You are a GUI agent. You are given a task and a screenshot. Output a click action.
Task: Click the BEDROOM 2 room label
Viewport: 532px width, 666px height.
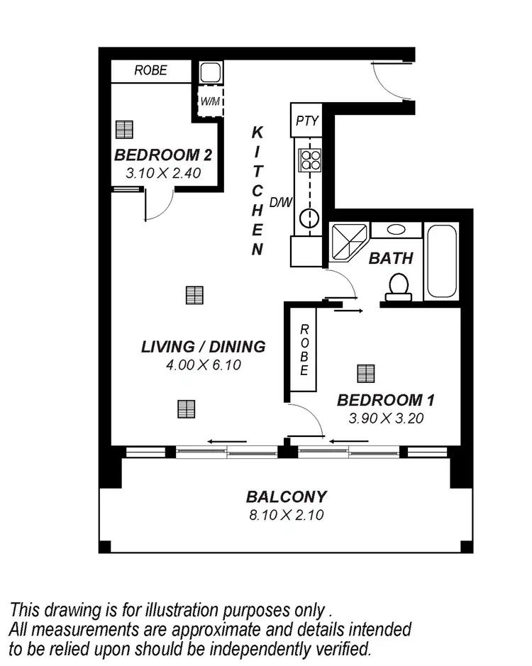click(163, 155)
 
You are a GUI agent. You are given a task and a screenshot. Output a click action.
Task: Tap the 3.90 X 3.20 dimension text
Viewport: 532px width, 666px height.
click(386, 418)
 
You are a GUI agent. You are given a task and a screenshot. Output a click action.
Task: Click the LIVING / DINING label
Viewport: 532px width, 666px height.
click(203, 347)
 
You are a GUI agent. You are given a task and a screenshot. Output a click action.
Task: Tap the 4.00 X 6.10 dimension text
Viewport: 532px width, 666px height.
click(203, 365)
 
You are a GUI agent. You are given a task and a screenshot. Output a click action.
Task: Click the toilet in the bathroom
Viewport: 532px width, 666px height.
click(398, 286)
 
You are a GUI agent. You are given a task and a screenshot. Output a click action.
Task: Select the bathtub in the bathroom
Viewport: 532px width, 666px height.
click(442, 260)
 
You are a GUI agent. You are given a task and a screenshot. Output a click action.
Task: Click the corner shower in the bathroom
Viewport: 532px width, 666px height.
click(346, 240)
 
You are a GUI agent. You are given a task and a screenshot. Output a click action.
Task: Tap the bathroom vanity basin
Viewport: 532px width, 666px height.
click(395, 231)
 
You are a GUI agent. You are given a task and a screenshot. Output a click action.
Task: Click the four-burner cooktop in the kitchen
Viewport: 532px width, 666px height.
click(310, 159)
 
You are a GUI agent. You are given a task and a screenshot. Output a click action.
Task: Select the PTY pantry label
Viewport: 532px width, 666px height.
click(306, 120)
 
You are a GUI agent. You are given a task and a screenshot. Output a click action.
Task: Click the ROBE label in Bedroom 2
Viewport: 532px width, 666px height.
click(150, 70)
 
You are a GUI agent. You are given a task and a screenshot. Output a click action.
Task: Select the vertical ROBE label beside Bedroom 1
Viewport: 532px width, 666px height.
click(303, 350)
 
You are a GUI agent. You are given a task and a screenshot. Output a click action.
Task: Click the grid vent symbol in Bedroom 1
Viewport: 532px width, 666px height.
click(365, 373)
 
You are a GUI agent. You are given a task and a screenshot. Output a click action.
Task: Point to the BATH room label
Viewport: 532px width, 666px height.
click(390, 258)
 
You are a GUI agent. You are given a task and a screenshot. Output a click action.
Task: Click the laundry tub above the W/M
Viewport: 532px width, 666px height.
click(210, 72)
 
